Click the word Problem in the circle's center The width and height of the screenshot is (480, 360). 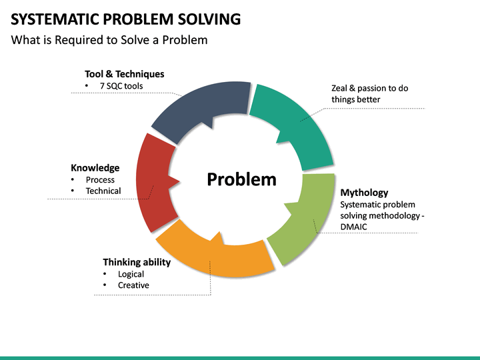(x=241, y=179)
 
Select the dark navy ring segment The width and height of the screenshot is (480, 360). (x=199, y=104)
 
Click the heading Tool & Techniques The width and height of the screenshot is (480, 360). (x=124, y=74)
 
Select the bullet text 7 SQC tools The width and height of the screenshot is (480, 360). (x=121, y=86)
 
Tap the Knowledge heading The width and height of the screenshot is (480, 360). (x=95, y=168)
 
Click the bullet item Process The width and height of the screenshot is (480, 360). (x=100, y=180)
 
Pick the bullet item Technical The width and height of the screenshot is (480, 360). (x=103, y=191)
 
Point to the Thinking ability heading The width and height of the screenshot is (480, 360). (x=137, y=263)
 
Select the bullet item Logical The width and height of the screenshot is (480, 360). (x=131, y=274)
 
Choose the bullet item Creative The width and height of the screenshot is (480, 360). (x=133, y=285)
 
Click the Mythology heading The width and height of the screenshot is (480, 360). (x=364, y=193)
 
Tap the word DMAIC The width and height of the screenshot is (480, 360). (x=353, y=227)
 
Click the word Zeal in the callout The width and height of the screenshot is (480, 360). (x=339, y=88)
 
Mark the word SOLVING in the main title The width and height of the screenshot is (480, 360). (x=209, y=19)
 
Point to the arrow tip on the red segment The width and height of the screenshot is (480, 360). (x=179, y=182)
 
